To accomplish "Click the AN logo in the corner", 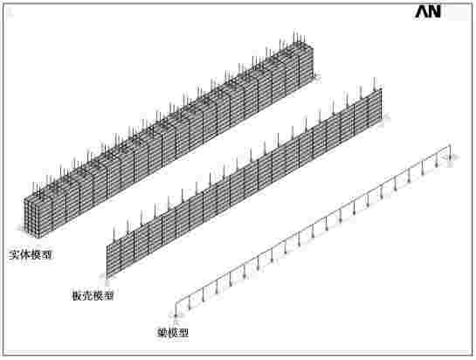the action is pos(428,12).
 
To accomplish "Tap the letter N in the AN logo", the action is pos(435,12).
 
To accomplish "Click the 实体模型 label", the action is pos(30,254).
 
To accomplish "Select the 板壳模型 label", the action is pos(93,295).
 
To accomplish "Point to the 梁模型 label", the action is pos(173,333).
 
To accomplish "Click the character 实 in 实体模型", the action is pos(14,254).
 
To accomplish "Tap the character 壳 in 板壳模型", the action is pos(87,295).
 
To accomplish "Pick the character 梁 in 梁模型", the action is pos(162,333).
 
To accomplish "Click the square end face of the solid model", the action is pos(32,218).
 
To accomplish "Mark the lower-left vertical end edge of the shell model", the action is pos(107,260).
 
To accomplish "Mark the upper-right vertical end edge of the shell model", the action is pos(381,105).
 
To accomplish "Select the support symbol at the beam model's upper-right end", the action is pos(453,157).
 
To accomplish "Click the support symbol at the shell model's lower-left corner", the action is pos(102,275).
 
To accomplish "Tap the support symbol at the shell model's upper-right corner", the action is pos(386,117).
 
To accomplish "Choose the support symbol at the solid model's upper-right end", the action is pos(317,77).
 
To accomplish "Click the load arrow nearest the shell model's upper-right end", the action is pos(375,84).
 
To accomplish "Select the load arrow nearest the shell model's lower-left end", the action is pos(114,235).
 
